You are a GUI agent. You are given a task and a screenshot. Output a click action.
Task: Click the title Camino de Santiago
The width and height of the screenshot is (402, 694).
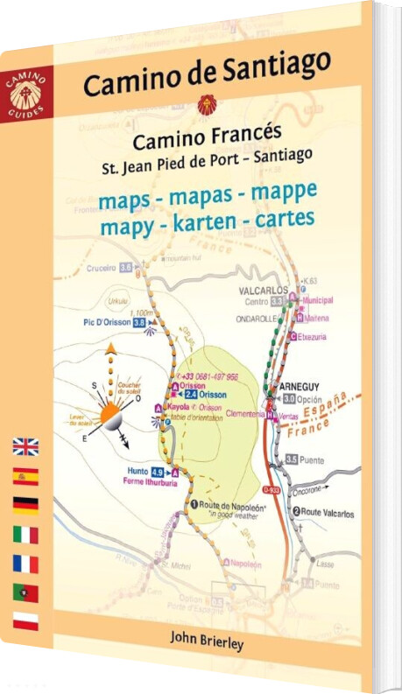click(x=207, y=74)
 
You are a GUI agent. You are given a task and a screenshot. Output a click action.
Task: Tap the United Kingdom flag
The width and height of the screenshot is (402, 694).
click(x=25, y=447)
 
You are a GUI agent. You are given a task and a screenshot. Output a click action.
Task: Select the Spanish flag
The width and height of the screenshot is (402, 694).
click(x=25, y=477)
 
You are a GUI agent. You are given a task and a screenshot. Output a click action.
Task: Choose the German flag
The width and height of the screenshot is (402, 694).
click(x=25, y=506)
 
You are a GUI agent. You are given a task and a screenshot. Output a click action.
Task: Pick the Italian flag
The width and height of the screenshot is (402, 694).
click(x=25, y=535)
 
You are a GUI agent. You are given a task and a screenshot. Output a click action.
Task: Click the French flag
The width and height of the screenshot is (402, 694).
click(x=25, y=564)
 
